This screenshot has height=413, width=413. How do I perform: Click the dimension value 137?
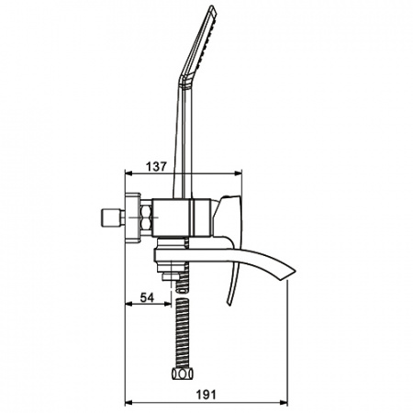[156, 166]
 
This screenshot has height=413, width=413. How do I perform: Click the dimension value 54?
[147, 297]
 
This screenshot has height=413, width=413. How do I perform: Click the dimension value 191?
[206, 395]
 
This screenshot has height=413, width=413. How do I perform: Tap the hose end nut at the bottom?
[183, 374]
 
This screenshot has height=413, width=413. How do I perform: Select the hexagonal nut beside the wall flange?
[146, 218]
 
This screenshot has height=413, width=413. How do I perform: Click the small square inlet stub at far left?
[109, 218]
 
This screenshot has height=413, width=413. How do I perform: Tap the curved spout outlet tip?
[291, 273]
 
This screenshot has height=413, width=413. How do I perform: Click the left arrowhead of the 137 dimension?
[128, 173]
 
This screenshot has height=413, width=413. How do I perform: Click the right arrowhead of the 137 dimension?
[239, 173]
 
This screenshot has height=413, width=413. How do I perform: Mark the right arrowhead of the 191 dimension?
[284, 402]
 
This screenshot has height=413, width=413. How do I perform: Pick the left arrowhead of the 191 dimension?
[128, 402]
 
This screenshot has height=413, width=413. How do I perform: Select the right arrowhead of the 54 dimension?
[168, 304]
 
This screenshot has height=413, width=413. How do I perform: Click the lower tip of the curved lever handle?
[229, 304]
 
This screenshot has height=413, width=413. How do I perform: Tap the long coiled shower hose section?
[183, 333]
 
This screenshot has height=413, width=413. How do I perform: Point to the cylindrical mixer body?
[181, 218]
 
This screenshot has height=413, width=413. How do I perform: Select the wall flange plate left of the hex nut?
[133, 218]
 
